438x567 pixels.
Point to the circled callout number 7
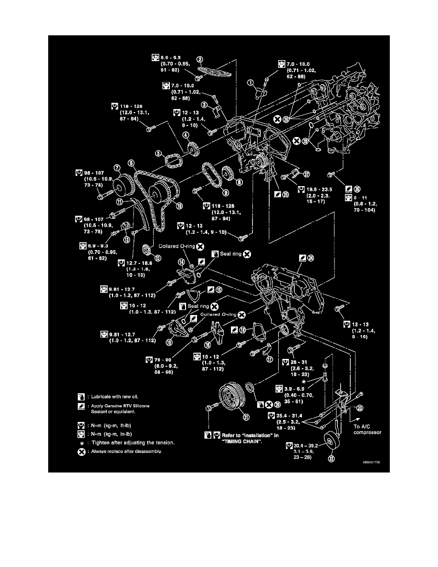(x=116, y=168)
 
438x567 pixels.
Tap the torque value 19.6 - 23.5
(x=317, y=188)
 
